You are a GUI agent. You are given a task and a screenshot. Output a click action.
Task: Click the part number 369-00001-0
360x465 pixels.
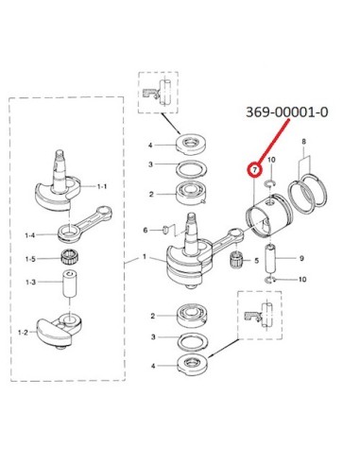click(x=286, y=112)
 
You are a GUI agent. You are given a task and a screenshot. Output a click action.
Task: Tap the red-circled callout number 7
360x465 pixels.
click(x=255, y=170)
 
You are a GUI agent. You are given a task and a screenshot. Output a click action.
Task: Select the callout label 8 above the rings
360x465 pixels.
click(x=303, y=142)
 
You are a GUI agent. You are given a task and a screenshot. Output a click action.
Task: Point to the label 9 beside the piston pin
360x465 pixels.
click(x=301, y=258)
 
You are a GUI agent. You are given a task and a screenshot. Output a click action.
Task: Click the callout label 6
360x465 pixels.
click(x=146, y=231)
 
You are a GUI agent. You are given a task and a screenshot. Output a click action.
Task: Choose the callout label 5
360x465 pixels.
click(x=256, y=261)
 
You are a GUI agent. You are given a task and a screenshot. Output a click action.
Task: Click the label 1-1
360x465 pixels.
click(x=102, y=186)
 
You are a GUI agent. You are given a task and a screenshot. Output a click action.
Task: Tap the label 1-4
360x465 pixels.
click(x=30, y=235)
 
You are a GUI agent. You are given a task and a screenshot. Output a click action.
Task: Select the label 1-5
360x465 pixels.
click(x=30, y=259)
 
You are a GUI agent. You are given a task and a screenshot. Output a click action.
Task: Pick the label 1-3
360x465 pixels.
click(x=30, y=282)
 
